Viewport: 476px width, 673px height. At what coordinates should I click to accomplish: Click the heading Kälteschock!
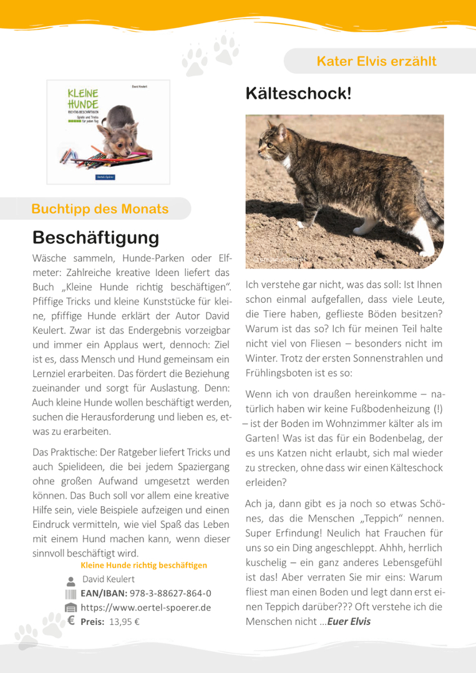pyautogui.click(x=299, y=94)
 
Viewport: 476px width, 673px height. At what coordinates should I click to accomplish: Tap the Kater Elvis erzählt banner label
pyautogui.click(x=376, y=61)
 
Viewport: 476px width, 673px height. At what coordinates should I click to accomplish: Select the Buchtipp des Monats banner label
pyautogui.click(x=100, y=209)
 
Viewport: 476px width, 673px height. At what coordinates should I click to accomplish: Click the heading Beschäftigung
pyautogui.click(x=96, y=237)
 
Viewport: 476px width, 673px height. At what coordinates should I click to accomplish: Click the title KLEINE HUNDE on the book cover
pyautogui.click(x=83, y=98)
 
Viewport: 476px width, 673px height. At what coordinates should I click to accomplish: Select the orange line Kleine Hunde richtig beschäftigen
pyautogui.click(x=143, y=565)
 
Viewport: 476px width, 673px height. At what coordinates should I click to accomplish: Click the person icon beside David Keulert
pyautogui.click(x=70, y=580)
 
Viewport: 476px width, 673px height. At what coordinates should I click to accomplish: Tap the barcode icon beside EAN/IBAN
pyautogui.click(x=70, y=594)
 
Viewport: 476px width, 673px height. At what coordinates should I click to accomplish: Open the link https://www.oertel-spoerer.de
pyautogui.click(x=145, y=608)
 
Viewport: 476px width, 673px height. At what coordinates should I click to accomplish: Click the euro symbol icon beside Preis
pyautogui.click(x=70, y=621)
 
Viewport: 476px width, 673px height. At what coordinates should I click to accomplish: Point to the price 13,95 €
pyautogui.click(x=124, y=621)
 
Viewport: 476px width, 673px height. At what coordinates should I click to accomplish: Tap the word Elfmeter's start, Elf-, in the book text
pyautogui.click(x=222, y=257)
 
